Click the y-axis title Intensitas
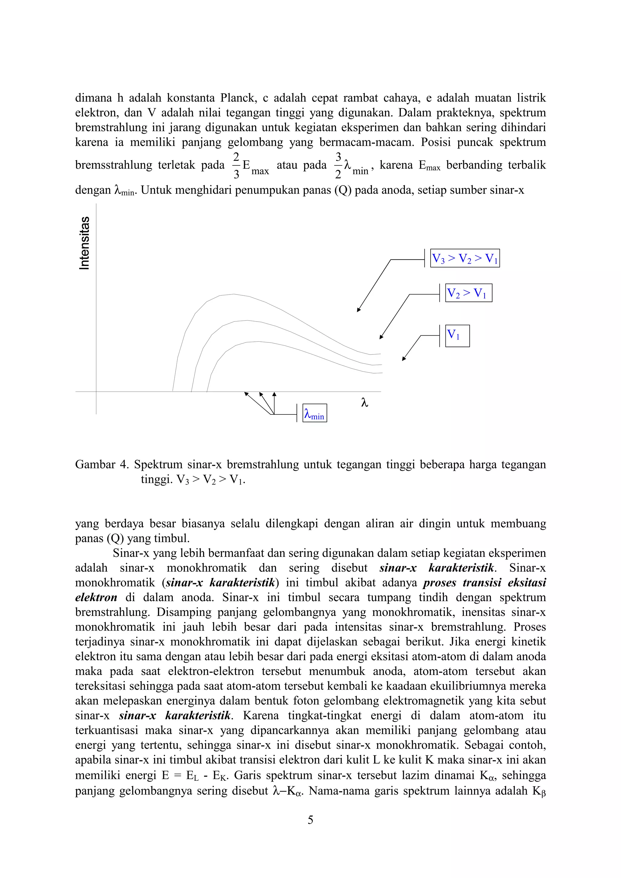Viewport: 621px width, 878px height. coord(85,243)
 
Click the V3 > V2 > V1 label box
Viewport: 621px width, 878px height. coord(465,258)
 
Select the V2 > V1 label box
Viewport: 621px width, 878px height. coord(468,293)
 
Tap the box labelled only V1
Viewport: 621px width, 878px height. coord(457,336)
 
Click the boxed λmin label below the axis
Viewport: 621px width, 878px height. coord(314,413)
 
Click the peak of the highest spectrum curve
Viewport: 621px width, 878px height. coord(233,294)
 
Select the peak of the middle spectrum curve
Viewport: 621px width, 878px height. coord(241,321)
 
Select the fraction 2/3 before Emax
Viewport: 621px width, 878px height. coord(237,165)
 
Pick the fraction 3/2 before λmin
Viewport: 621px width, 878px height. coord(338,165)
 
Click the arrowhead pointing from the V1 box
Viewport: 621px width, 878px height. coord(403,359)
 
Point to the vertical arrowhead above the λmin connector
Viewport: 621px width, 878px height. coord(274,394)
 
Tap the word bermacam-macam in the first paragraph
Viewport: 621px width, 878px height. coord(367,142)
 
